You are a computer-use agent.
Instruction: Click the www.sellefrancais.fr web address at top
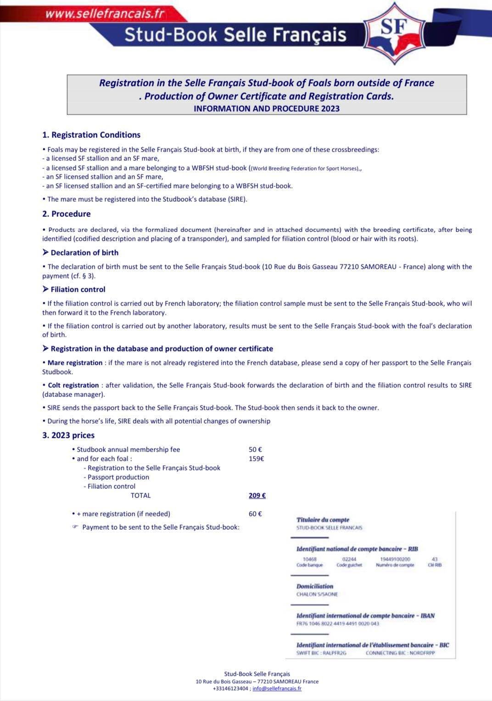pos(105,13)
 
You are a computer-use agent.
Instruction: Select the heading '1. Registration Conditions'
pos(91,135)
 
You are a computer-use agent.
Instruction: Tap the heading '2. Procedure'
pos(67,214)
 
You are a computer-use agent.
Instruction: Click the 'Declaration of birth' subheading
pos(84,253)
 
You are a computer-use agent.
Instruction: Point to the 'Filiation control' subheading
pos(78,289)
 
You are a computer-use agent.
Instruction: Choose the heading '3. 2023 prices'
pos(68,435)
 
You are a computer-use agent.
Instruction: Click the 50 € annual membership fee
pos(255,450)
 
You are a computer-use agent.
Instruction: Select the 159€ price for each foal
pos(256,458)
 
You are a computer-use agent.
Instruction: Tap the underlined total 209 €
pos(257,495)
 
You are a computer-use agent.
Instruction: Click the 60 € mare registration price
pos(255,514)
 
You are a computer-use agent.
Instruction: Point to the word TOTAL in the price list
pos(140,495)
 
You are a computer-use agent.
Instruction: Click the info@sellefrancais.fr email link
pos(277,688)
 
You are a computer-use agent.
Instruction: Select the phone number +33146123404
pos(230,688)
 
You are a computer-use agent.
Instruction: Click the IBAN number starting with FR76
pos(338,623)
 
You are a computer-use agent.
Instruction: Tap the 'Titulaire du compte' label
pos(323,520)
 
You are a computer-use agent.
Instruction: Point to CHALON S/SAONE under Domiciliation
pos(317,594)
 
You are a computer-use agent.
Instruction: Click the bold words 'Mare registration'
pos(75,363)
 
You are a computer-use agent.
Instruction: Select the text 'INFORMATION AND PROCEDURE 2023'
pos(267,108)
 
